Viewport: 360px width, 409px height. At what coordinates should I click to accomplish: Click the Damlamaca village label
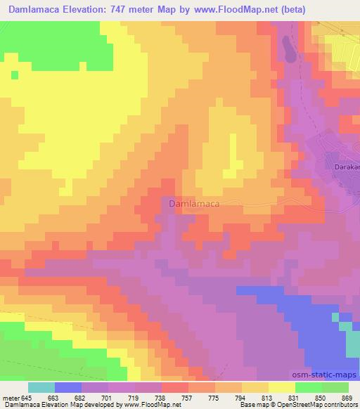point(193,204)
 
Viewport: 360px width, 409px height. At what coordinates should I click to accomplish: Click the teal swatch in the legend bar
point(41,387)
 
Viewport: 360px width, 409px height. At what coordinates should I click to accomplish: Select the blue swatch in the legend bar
point(68,387)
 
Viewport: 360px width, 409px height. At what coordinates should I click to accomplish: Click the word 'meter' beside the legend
point(12,398)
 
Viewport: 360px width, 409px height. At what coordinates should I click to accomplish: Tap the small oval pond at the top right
point(288,49)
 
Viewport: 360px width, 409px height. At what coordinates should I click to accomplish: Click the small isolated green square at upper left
point(13,74)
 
